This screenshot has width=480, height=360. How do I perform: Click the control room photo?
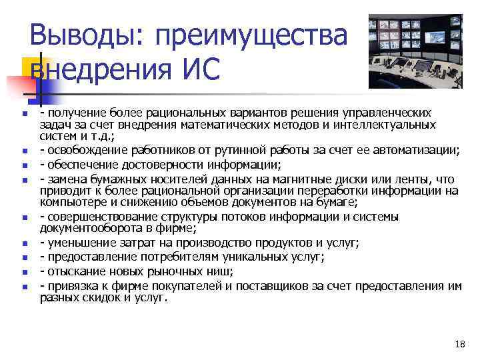(x=415, y=51)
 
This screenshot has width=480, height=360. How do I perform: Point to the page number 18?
(x=459, y=344)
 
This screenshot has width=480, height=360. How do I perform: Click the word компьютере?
(x=72, y=203)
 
